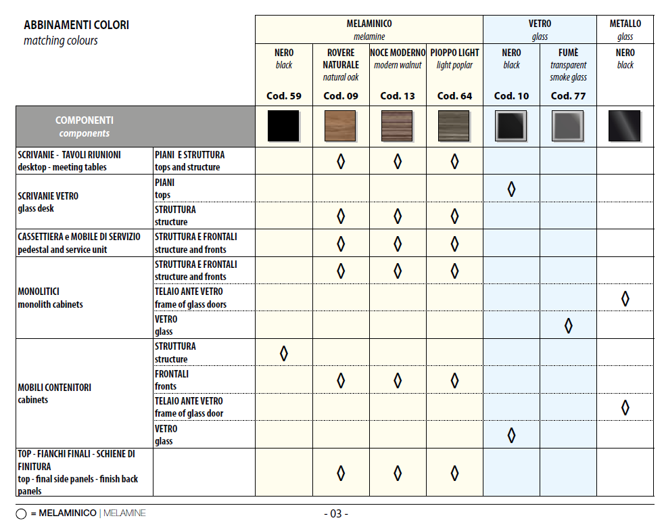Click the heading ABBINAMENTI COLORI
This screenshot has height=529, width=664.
tap(76, 26)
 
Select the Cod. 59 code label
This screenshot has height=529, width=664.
tap(284, 95)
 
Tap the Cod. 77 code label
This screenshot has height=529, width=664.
tap(568, 95)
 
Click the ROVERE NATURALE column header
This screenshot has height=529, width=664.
tap(341, 59)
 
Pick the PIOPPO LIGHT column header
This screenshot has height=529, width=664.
tap(454, 53)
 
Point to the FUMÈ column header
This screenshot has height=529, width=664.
tap(568, 53)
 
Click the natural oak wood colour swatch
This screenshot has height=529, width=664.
tap(341, 126)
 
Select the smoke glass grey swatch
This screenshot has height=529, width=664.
tap(568, 126)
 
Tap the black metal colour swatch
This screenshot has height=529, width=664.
tap(625, 126)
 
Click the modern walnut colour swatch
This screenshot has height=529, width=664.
tap(398, 126)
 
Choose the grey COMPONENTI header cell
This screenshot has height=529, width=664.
tap(85, 127)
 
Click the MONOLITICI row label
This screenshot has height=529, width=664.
tap(50, 298)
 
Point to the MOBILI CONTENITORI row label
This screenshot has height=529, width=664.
tap(54, 394)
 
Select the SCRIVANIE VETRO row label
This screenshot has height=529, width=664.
tap(48, 202)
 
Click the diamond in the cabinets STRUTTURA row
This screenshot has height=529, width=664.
tap(284, 353)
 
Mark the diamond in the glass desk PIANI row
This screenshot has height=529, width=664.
tap(511, 189)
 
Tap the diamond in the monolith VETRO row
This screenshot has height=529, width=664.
tap(568, 325)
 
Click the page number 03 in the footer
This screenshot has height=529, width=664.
tap(336, 513)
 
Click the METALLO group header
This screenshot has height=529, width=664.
tap(625, 24)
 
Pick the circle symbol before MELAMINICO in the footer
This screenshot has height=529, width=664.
tap(21, 514)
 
